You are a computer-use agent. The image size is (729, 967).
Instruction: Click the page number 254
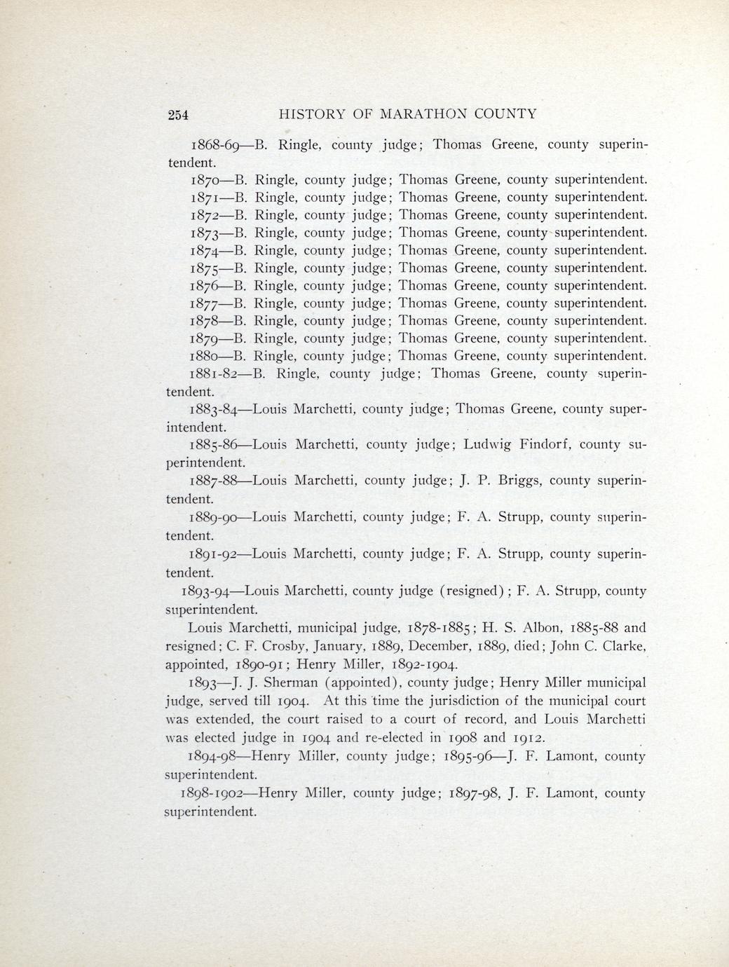[179, 116]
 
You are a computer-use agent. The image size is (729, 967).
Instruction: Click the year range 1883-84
[215, 409]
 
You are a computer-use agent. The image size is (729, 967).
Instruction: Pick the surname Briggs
[520, 481]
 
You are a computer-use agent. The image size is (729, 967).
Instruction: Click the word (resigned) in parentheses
[472, 591]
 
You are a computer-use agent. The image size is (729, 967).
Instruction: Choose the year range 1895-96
[475, 757]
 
